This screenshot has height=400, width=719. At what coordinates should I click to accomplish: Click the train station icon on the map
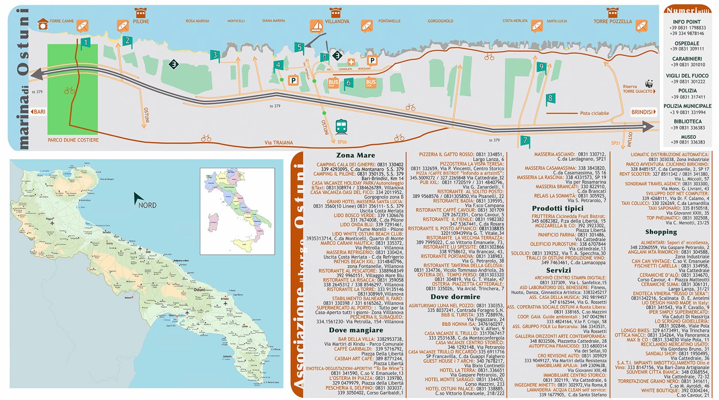(341, 127)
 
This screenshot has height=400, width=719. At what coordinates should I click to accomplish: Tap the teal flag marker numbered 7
(525, 141)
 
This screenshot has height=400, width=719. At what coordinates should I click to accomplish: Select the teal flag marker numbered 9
(541, 67)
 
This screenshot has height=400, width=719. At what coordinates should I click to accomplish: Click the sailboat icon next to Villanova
(316, 26)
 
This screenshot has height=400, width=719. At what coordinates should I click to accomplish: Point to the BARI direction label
(38, 112)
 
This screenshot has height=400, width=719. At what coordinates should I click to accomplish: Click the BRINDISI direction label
(643, 112)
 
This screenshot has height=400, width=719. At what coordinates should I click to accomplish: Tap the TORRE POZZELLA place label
(612, 21)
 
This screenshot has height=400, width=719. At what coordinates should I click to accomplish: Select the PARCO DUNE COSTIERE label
(73, 140)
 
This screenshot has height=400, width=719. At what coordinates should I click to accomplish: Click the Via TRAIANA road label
(279, 143)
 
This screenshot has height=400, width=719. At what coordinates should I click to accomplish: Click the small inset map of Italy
(237, 211)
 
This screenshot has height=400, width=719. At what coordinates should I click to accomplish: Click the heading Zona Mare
(355, 156)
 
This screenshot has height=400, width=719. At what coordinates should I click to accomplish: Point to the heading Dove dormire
(455, 297)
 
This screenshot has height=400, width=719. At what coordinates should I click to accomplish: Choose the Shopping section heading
(661, 232)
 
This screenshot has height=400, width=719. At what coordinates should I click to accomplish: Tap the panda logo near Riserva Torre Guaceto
(649, 84)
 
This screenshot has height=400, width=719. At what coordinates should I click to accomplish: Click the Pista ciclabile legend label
(594, 113)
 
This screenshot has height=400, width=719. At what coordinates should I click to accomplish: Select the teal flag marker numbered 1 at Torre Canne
(85, 43)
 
